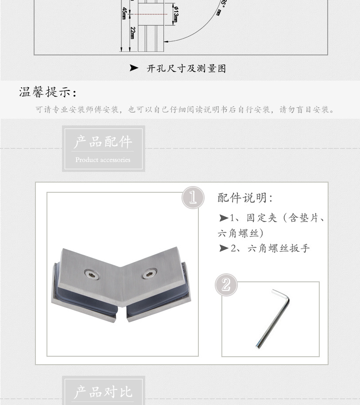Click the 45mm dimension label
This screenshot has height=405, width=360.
(x=124, y=13)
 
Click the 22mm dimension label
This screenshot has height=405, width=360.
(x=133, y=32)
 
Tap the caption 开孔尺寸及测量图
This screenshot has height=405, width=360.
(x=186, y=69)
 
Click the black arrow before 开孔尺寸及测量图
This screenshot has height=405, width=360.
(x=134, y=68)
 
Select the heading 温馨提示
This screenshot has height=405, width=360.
(x=48, y=92)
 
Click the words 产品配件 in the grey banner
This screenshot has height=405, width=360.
(x=103, y=142)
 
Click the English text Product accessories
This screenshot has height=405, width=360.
(x=103, y=160)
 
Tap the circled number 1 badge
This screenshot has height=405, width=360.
(x=193, y=198)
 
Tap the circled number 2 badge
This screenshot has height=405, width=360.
(x=226, y=284)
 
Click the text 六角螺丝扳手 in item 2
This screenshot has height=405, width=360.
(x=279, y=249)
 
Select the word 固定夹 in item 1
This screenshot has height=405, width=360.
(x=262, y=218)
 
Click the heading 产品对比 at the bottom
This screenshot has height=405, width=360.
(x=103, y=392)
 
